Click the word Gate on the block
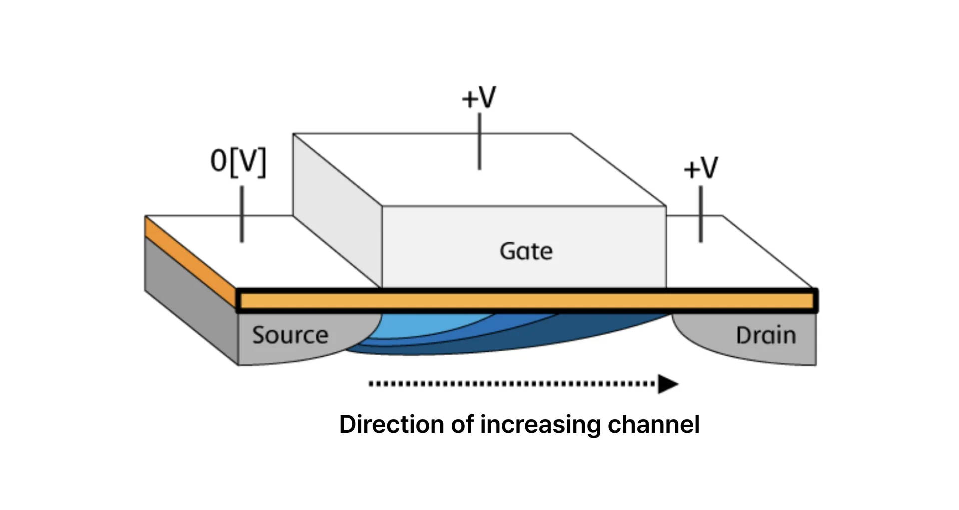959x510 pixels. (x=526, y=251)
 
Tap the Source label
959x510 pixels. (x=290, y=335)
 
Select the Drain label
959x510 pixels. (x=766, y=335)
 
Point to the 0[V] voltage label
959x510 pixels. (x=238, y=162)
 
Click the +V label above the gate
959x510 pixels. (x=479, y=97)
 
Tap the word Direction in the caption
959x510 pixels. (x=391, y=424)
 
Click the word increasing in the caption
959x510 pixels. (x=540, y=424)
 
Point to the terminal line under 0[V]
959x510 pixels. (x=242, y=214)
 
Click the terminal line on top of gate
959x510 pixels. (x=479, y=141)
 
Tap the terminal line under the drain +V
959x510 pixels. (x=701, y=214)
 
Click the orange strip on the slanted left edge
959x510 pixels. (x=190, y=260)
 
